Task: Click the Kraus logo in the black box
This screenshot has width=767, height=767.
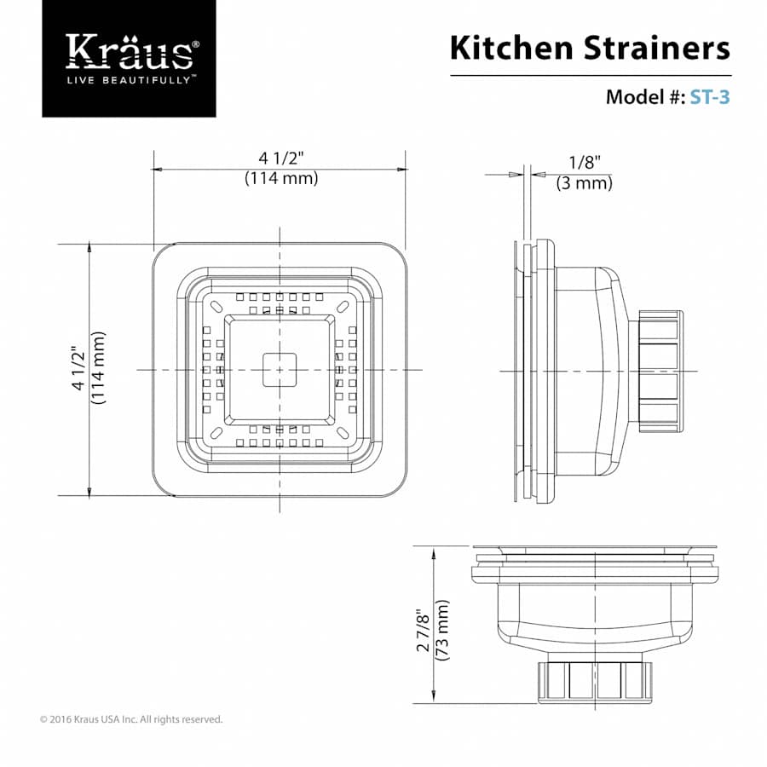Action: [129, 52]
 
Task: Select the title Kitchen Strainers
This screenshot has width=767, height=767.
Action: [590, 48]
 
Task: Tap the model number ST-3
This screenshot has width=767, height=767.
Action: [709, 96]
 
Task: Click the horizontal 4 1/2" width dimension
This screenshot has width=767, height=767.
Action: [280, 159]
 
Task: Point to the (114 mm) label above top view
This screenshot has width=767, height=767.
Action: [280, 178]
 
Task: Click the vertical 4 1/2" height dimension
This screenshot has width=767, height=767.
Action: [79, 369]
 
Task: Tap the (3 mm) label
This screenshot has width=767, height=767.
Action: [585, 182]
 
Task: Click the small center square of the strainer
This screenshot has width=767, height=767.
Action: [279, 369]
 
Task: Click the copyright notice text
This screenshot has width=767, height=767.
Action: [131, 719]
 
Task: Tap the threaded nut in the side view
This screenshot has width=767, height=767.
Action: [660, 371]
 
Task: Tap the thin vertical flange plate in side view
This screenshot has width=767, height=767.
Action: [516, 371]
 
